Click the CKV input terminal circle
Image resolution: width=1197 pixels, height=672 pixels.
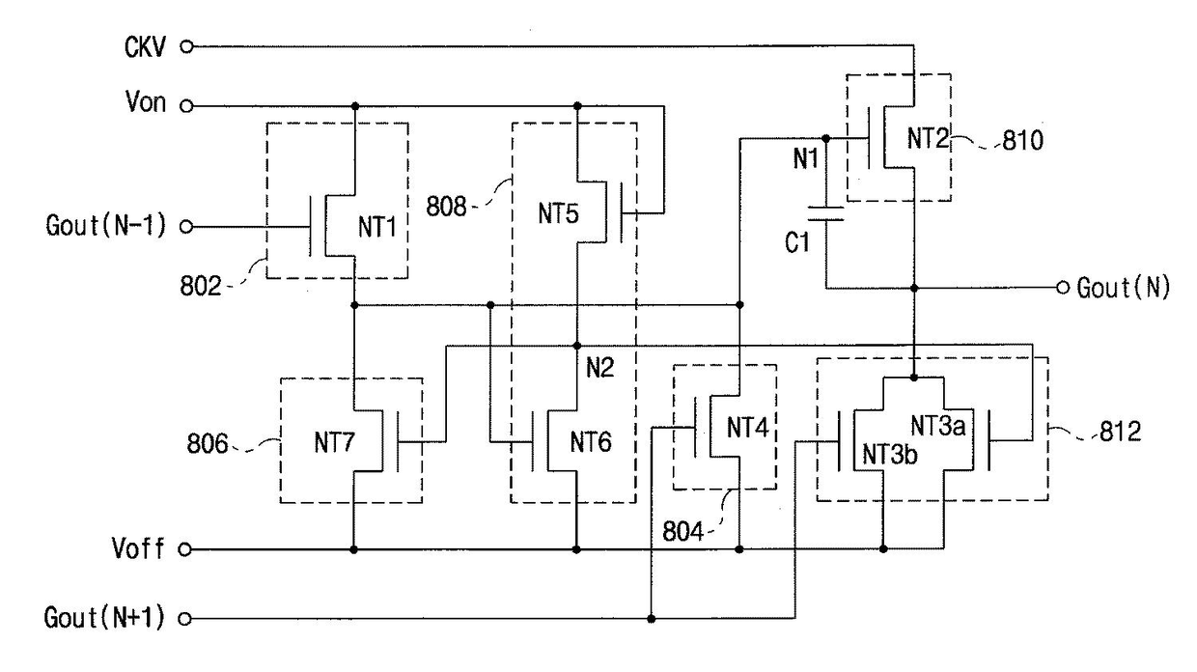(186, 46)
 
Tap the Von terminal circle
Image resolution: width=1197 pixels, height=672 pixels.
(186, 106)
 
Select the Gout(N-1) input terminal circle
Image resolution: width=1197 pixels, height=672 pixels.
(186, 227)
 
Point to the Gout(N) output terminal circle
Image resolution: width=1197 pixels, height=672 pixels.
(1063, 288)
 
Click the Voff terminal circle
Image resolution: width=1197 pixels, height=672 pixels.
(185, 549)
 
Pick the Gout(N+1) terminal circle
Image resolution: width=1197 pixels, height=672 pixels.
(185, 619)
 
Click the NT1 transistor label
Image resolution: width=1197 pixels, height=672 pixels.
(377, 227)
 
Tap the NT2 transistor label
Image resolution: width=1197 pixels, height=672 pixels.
(928, 138)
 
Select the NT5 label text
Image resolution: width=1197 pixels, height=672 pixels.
(558, 213)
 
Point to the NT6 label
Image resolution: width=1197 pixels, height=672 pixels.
(591, 442)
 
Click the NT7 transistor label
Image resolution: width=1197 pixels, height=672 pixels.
(335, 442)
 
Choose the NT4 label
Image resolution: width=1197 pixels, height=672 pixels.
(747, 428)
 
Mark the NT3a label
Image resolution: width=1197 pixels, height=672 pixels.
(938, 426)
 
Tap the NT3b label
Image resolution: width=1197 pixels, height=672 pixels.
(890, 455)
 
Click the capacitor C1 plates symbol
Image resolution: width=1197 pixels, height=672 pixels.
(826, 213)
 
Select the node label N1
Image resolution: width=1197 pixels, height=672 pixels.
(806, 158)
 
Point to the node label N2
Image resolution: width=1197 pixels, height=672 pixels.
(600, 367)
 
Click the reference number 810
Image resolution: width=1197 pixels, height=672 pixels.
(1023, 141)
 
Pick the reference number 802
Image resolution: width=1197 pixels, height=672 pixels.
(201, 286)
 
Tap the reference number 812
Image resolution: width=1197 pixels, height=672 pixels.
(1121, 432)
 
